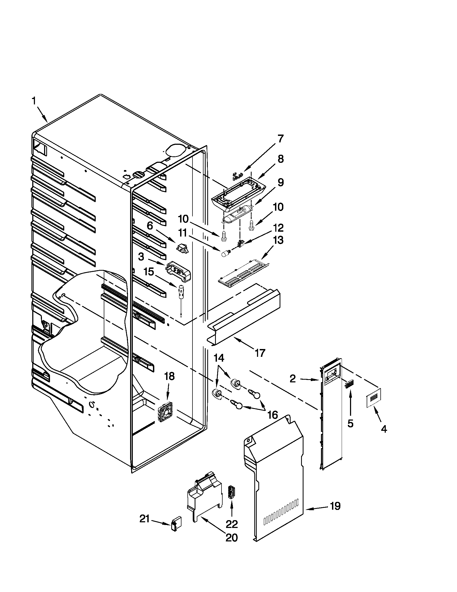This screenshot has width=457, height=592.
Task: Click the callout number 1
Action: coord(34,101)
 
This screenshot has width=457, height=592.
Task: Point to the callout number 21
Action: coord(145,519)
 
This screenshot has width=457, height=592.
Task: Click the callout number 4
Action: coord(384,429)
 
